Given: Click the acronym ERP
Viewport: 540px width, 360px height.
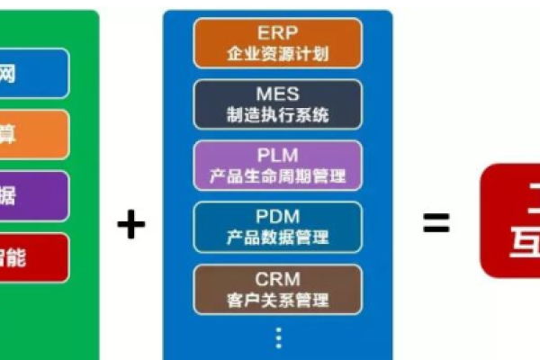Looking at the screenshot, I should (277, 33).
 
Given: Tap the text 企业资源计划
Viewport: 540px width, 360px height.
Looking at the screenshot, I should (277, 53).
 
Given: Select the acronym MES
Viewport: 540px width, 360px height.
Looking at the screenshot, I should (277, 94).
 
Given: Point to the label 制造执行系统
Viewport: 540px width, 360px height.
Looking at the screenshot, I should (277, 114).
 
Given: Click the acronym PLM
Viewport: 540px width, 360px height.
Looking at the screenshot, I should (277, 156).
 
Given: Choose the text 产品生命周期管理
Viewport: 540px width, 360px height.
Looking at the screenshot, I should (277, 176).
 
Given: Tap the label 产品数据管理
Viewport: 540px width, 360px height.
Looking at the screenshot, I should (277, 238).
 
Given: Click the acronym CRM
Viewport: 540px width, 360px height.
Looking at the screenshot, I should (277, 279).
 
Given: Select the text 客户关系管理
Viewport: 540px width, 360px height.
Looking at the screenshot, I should (277, 299).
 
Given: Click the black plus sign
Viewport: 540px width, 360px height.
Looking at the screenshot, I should (130, 224).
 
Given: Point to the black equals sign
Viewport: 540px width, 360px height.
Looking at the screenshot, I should (436, 224).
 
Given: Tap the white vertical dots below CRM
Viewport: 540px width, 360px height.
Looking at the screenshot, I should (278, 337).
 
